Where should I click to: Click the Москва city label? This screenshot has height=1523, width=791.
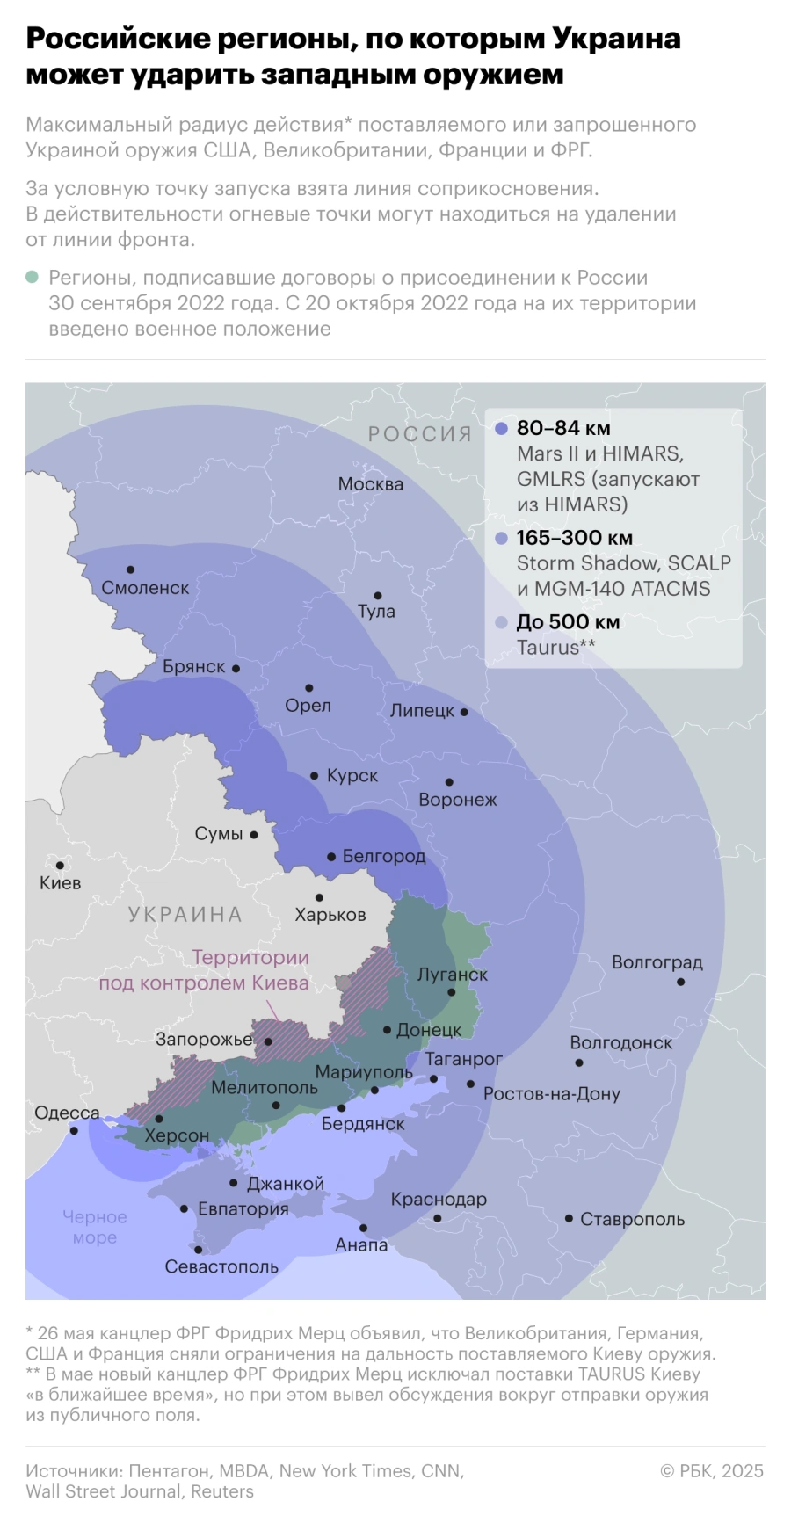tap(370, 483)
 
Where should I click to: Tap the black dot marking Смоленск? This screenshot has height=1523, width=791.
tap(130, 569)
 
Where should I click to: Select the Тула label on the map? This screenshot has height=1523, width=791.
tap(376, 612)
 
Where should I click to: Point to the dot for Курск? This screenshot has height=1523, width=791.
tap(314, 776)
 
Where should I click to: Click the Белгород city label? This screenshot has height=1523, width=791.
tap(383, 856)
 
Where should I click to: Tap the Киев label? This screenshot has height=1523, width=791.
tap(60, 883)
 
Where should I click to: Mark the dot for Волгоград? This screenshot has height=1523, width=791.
tap(680, 981)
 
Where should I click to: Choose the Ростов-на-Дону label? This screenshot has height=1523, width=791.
tap(552, 1094)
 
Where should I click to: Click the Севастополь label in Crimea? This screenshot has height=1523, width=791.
tap(221, 1266)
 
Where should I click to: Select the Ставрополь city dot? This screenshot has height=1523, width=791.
tap(569, 1218)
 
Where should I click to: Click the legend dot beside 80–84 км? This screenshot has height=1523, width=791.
tap(501, 429)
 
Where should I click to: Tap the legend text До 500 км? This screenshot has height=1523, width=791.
tap(568, 622)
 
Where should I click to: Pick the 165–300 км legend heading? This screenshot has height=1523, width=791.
tap(575, 538)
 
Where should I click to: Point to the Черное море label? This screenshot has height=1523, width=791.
tap(95, 1227)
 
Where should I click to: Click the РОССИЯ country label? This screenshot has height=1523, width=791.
tap(420, 434)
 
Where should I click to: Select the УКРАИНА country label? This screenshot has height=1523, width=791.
tap(185, 915)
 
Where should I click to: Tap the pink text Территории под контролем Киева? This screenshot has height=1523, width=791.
tap(204, 970)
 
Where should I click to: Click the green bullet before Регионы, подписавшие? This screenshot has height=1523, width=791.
tap(33, 278)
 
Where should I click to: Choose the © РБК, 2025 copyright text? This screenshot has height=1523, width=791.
tap(711, 1471)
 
